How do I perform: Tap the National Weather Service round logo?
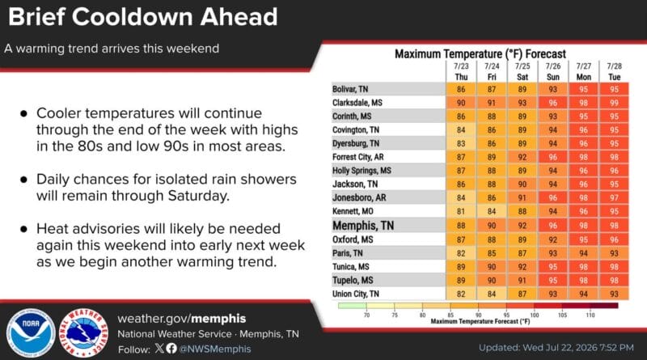click(x=84, y=332)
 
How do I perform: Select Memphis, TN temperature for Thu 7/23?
click(x=461, y=226)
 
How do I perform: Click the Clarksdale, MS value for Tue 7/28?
click(x=614, y=103)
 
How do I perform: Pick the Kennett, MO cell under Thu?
click(x=461, y=211)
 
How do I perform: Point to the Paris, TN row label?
click(x=348, y=253)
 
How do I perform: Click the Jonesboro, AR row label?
click(x=359, y=197)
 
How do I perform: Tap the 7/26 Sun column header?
click(x=553, y=71)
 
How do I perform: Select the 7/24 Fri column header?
click(x=492, y=71)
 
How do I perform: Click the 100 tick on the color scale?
click(x=535, y=315)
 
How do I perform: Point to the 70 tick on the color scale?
click(x=366, y=315)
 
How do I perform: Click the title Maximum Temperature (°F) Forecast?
click(x=480, y=54)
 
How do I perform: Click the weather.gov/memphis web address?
click(x=181, y=319)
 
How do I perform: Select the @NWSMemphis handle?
click(x=214, y=349)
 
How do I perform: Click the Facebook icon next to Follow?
click(x=171, y=349)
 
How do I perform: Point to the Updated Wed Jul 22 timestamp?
click(x=556, y=348)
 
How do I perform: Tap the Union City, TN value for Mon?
click(x=583, y=294)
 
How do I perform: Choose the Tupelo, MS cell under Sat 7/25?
click(x=522, y=281)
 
